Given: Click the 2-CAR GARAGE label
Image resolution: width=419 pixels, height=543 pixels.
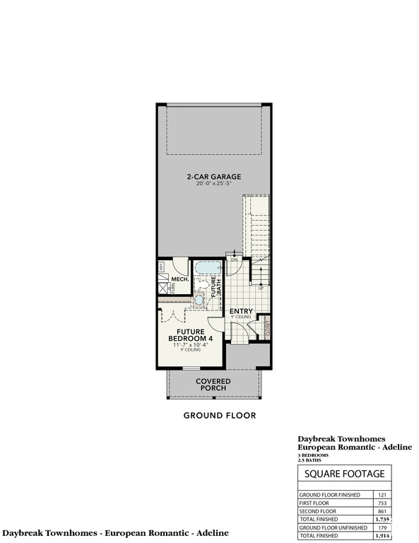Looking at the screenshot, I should pos(213,177).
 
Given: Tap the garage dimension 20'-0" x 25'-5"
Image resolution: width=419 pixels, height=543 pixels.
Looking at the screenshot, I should pos(213,185).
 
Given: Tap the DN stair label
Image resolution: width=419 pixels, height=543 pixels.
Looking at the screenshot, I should pos(233,260).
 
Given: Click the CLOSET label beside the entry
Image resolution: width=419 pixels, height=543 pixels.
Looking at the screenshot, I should pos(268,329).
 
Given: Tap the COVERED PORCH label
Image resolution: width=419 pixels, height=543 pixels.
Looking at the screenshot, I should pos(213,385).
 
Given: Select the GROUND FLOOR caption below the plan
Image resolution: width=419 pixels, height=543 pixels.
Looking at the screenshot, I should pos(219,416).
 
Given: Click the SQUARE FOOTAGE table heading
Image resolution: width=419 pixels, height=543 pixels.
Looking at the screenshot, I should pos(344,473).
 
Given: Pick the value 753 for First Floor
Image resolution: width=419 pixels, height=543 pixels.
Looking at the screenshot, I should pos(383,503).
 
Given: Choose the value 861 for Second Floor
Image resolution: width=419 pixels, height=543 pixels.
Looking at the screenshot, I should pos(383,510).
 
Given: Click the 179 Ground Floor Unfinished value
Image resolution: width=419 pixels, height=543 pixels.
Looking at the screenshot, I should pos(383,527).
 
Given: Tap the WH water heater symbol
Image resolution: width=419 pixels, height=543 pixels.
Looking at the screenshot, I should pos(160,266).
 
